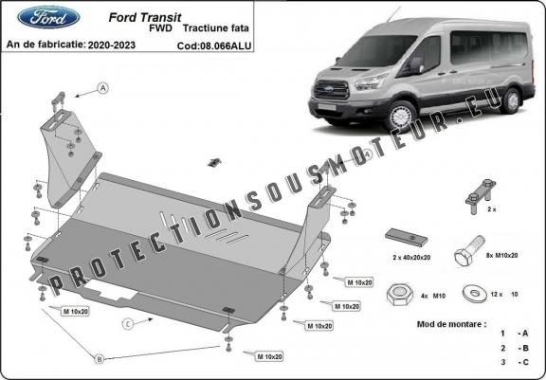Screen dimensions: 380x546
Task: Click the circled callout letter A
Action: point(102,88)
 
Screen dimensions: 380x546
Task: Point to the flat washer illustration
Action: point(471,294)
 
